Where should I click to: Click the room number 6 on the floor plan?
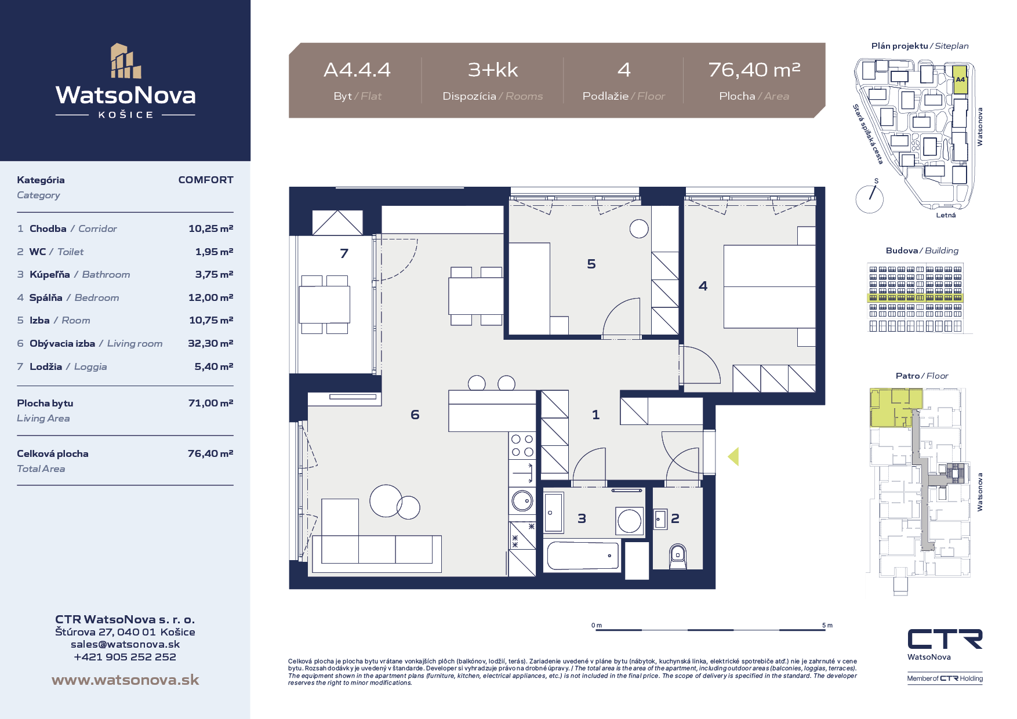415,415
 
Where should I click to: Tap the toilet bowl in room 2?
678,557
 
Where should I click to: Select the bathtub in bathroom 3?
583,556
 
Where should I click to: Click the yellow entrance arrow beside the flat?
733,456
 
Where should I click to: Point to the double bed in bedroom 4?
769,286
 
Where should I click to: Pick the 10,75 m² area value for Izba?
211,320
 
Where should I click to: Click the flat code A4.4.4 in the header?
357,70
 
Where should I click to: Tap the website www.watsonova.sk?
125,680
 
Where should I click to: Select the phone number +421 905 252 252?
125,657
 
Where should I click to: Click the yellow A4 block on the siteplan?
960,81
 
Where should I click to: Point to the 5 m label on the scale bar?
827,625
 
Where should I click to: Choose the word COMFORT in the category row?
206,180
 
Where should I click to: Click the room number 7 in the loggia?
344,253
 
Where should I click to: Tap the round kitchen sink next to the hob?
522,500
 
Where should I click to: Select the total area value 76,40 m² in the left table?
210,453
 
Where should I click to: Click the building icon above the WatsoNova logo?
126,60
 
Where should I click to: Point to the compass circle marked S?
869,199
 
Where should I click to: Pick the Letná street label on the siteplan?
946,215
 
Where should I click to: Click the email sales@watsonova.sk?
125,644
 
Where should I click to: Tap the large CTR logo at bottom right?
945,639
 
